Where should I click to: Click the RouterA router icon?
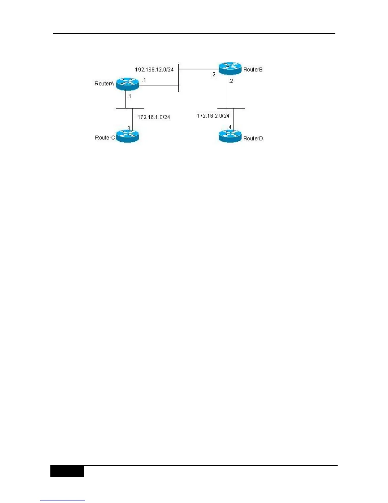(127, 84)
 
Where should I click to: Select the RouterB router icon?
(230, 68)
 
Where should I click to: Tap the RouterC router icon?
(127, 137)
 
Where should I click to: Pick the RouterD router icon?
(230, 137)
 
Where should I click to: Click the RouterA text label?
(104, 84)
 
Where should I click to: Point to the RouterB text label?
(253, 70)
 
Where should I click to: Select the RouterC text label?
(105, 138)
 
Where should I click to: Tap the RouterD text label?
(253, 138)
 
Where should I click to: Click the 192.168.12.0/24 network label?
(154, 70)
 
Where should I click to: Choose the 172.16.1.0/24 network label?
(154, 117)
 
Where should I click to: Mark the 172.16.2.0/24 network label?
(213, 116)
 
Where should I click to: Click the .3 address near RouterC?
(128, 128)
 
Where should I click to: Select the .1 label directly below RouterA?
(129, 96)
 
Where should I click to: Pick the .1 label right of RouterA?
(144, 80)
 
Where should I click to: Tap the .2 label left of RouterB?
(213, 75)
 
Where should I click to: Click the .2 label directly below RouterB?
(231, 81)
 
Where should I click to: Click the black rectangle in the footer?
(67, 471)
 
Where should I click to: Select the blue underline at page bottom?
(63, 500)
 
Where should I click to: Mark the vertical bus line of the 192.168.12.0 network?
(179, 78)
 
